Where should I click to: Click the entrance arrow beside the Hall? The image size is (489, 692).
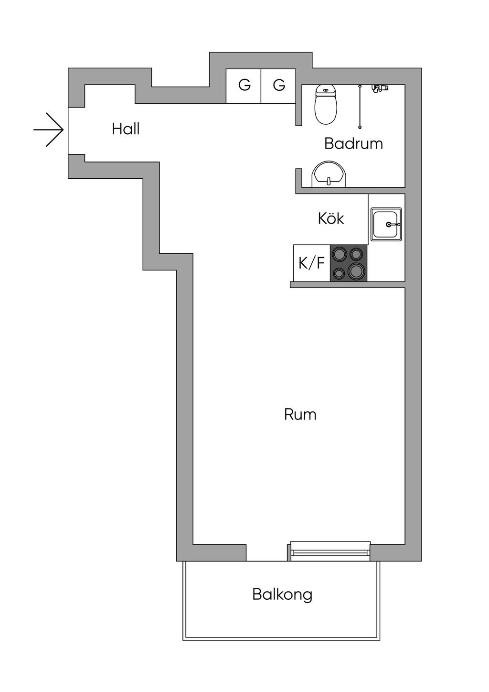click(x=49, y=130)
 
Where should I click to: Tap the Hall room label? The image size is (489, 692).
click(x=126, y=129)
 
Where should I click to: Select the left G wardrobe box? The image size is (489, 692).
click(x=244, y=86)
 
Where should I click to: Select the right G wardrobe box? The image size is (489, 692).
click(x=278, y=86)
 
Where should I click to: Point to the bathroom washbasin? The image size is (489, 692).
click(x=328, y=174)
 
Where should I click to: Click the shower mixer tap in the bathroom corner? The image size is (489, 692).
click(x=381, y=88)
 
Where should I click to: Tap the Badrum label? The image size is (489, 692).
click(x=353, y=143)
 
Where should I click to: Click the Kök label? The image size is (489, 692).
click(x=331, y=218)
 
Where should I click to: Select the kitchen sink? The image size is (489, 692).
click(x=387, y=224)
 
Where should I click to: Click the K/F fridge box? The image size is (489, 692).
click(x=311, y=263)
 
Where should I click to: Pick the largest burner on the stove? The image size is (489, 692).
click(x=357, y=271)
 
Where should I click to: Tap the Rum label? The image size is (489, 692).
click(x=300, y=414)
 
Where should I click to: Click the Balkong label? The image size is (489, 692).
click(x=282, y=595)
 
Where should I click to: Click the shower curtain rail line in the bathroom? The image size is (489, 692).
click(x=359, y=107)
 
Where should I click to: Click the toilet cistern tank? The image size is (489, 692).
click(x=326, y=90)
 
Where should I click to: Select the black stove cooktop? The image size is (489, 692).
click(x=349, y=263)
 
